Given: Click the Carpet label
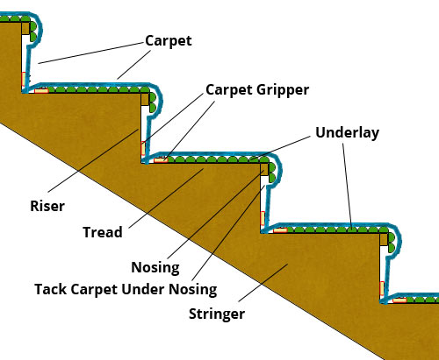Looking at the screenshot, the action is (169, 41).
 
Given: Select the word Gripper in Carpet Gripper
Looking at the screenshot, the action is (283, 90).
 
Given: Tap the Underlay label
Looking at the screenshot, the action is (348, 132).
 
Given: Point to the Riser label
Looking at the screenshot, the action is (47, 206).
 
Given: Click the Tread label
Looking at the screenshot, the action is (103, 232).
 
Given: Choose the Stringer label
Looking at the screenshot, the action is (217, 314).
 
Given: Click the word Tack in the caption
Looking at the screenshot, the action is (51, 289).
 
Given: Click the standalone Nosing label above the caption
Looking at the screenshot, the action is (155, 268).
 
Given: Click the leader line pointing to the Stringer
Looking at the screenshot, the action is (263, 283).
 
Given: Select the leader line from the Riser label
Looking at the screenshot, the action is (93, 160).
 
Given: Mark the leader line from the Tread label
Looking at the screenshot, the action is (166, 198).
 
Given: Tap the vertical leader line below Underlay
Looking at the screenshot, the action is (348, 185).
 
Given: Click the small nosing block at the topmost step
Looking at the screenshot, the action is (25, 28).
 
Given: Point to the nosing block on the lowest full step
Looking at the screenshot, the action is (384, 239).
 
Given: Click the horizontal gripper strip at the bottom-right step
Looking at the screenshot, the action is (399, 300).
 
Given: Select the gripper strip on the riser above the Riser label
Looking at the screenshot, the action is (143, 148).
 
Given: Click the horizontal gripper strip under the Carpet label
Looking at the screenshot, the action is (41, 90).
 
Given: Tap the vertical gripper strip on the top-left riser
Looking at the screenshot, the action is (24, 79).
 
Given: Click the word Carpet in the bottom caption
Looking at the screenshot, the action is (94, 289).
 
